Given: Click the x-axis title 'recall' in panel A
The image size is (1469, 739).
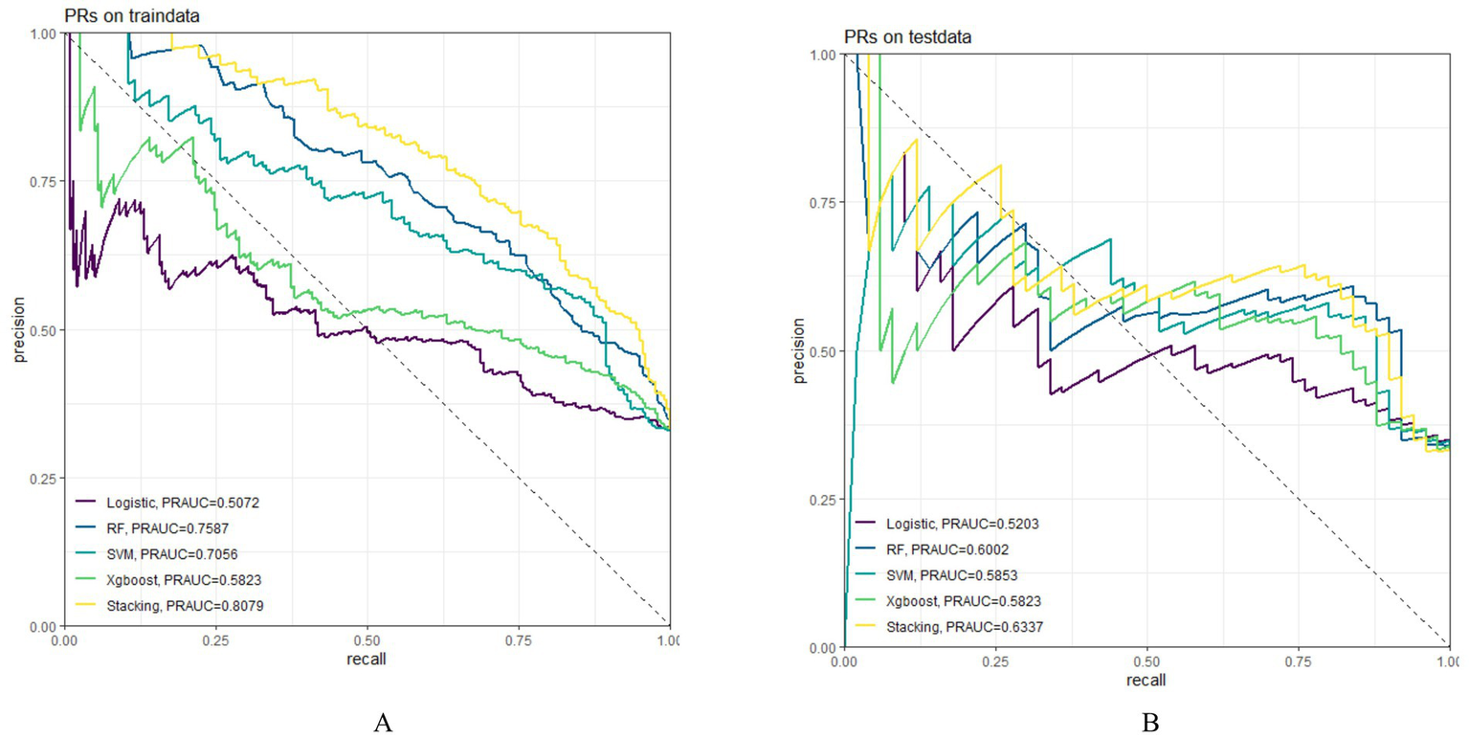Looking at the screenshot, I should coord(367,660).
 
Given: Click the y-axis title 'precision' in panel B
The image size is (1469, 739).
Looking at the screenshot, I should coord(798,350).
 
